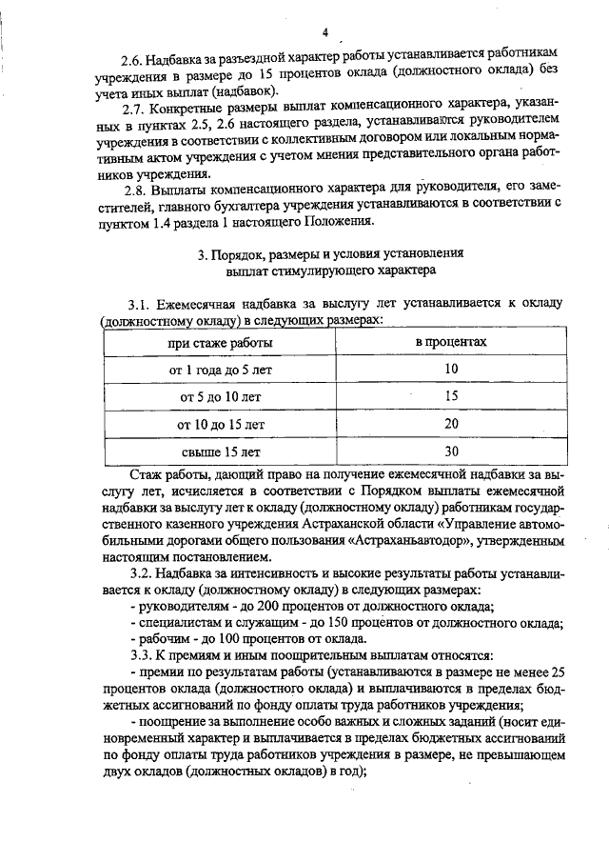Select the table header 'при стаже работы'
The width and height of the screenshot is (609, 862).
[x=221, y=341]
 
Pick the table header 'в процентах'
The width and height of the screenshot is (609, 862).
[x=451, y=341]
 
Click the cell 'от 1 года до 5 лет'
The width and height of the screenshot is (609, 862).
[x=221, y=368]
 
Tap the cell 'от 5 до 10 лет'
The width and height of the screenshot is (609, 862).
[x=221, y=395]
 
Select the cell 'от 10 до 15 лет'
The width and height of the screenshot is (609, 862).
[x=221, y=423]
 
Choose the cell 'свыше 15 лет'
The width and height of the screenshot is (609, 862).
[x=221, y=451]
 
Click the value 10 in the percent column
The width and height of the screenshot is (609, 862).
[x=451, y=368]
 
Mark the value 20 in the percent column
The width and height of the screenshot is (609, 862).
[x=451, y=423]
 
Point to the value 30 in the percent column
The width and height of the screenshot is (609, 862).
[x=451, y=451]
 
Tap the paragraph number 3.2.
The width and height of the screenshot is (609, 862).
[x=141, y=574]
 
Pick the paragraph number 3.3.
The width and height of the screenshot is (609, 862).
[x=141, y=655]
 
